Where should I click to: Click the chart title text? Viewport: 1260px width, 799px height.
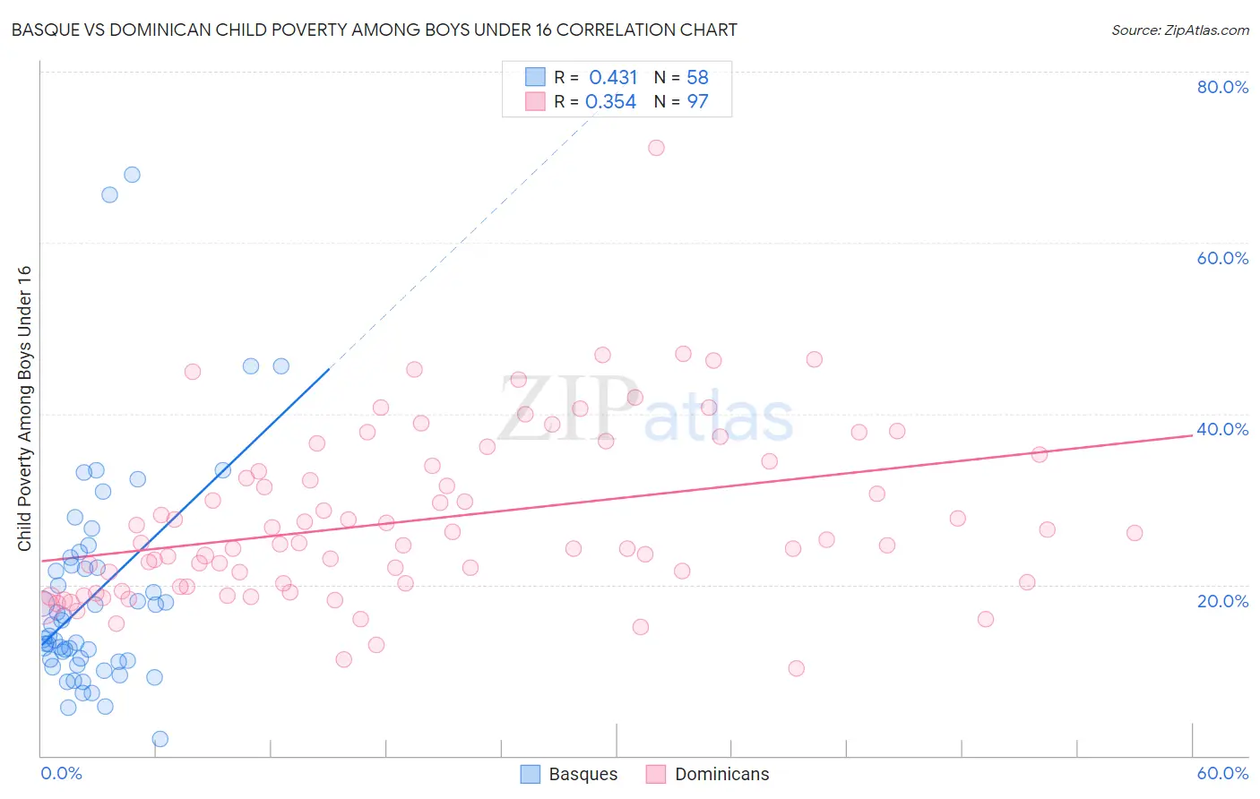pyautogui.click(x=374, y=30)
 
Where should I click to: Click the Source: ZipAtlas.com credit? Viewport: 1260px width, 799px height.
pyautogui.click(x=1179, y=30)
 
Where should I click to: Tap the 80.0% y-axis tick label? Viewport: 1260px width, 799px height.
pyautogui.click(x=1222, y=87)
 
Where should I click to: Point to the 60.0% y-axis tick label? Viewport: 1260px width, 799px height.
pyautogui.click(x=1222, y=258)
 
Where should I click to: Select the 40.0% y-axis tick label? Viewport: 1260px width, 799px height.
pyautogui.click(x=1222, y=429)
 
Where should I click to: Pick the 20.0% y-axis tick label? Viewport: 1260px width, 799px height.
pyautogui.click(x=1222, y=600)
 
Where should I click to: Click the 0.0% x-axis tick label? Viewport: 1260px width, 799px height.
pyautogui.click(x=61, y=773)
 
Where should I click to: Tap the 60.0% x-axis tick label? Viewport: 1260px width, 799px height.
pyautogui.click(x=1222, y=773)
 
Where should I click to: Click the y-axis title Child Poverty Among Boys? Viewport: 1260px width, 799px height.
pyautogui.click(x=24, y=408)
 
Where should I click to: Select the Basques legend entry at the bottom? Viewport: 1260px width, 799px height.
pyautogui.click(x=569, y=774)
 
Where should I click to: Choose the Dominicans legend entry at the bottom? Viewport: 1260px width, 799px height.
pyautogui.click(x=708, y=774)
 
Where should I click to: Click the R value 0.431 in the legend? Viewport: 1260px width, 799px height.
pyautogui.click(x=613, y=77)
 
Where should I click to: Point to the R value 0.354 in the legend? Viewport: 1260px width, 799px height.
pyautogui.click(x=611, y=101)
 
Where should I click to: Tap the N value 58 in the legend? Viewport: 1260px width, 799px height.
pyautogui.click(x=697, y=77)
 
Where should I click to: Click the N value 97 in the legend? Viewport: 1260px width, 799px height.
pyautogui.click(x=697, y=101)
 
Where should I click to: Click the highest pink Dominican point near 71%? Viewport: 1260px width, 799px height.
pyautogui.click(x=656, y=148)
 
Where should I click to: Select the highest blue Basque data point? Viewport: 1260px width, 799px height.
pyautogui.click(x=132, y=175)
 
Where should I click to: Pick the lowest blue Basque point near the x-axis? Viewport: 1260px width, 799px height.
pyautogui.click(x=160, y=739)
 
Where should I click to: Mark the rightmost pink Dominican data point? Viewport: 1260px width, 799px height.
pyautogui.click(x=1135, y=533)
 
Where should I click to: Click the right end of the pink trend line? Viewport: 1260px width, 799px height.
pyautogui.click(x=1192, y=434)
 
